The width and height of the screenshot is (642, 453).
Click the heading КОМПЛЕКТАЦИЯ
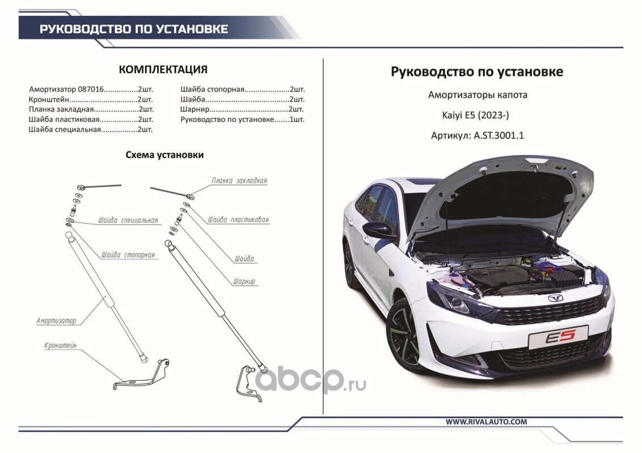(x=163, y=70)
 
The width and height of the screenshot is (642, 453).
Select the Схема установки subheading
(x=164, y=155)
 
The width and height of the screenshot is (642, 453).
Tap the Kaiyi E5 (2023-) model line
(x=475, y=116)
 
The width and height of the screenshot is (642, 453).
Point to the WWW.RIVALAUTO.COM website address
(x=486, y=421)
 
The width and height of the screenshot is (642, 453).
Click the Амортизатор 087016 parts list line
(x=91, y=89)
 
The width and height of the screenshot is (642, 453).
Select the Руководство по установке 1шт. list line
(x=242, y=119)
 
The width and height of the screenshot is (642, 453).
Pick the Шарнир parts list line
(x=242, y=109)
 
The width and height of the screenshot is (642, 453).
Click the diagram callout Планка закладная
(x=239, y=180)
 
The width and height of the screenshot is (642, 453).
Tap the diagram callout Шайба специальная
(x=128, y=220)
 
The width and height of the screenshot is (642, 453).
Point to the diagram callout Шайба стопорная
(x=128, y=255)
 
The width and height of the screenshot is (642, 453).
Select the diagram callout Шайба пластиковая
(x=238, y=220)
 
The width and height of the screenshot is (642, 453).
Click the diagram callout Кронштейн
(x=60, y=346)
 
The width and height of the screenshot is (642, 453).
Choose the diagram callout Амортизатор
(x=56, y=321)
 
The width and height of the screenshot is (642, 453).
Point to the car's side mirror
(x=379, y=230)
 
